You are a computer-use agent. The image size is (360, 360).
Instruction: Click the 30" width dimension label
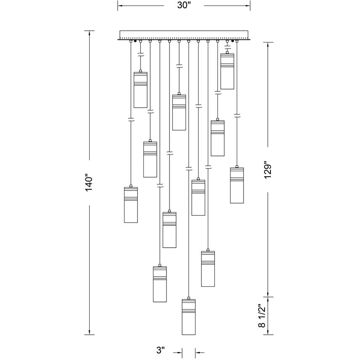[x=184, y=5]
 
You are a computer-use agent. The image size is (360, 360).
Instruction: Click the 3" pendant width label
[x=160, y=350]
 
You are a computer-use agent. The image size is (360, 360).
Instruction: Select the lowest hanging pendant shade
[x=189, y=318]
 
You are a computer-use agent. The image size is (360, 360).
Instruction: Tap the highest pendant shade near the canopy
[x=227, y=71]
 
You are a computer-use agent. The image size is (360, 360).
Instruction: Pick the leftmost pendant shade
[x=131, y=204]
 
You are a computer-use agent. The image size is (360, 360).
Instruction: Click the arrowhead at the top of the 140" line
[x=89, y=32]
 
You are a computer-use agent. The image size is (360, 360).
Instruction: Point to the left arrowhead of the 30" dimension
[x=120, y=5]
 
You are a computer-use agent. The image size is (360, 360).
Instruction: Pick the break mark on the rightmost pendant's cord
[x=237, y=114]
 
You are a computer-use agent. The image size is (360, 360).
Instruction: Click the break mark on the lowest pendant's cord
[x=189, y=168]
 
